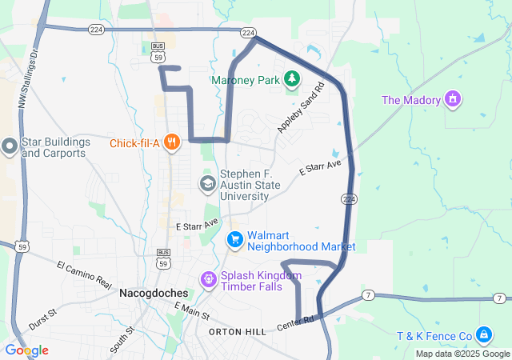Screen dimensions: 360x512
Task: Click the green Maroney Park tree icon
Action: click(293, 78)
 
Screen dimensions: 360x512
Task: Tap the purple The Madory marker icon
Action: click(454, 99)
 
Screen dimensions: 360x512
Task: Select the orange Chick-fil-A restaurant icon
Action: click(170, 143)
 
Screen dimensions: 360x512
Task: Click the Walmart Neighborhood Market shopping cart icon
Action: click(234, 239)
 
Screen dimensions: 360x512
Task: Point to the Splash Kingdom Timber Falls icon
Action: click(209, 280)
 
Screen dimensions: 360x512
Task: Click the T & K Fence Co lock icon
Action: click(483, 334)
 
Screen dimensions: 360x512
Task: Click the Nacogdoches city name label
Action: click(153, 294)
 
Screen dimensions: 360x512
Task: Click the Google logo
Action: click(26, 350)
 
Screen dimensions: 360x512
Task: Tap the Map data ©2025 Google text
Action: click(462, 354)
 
